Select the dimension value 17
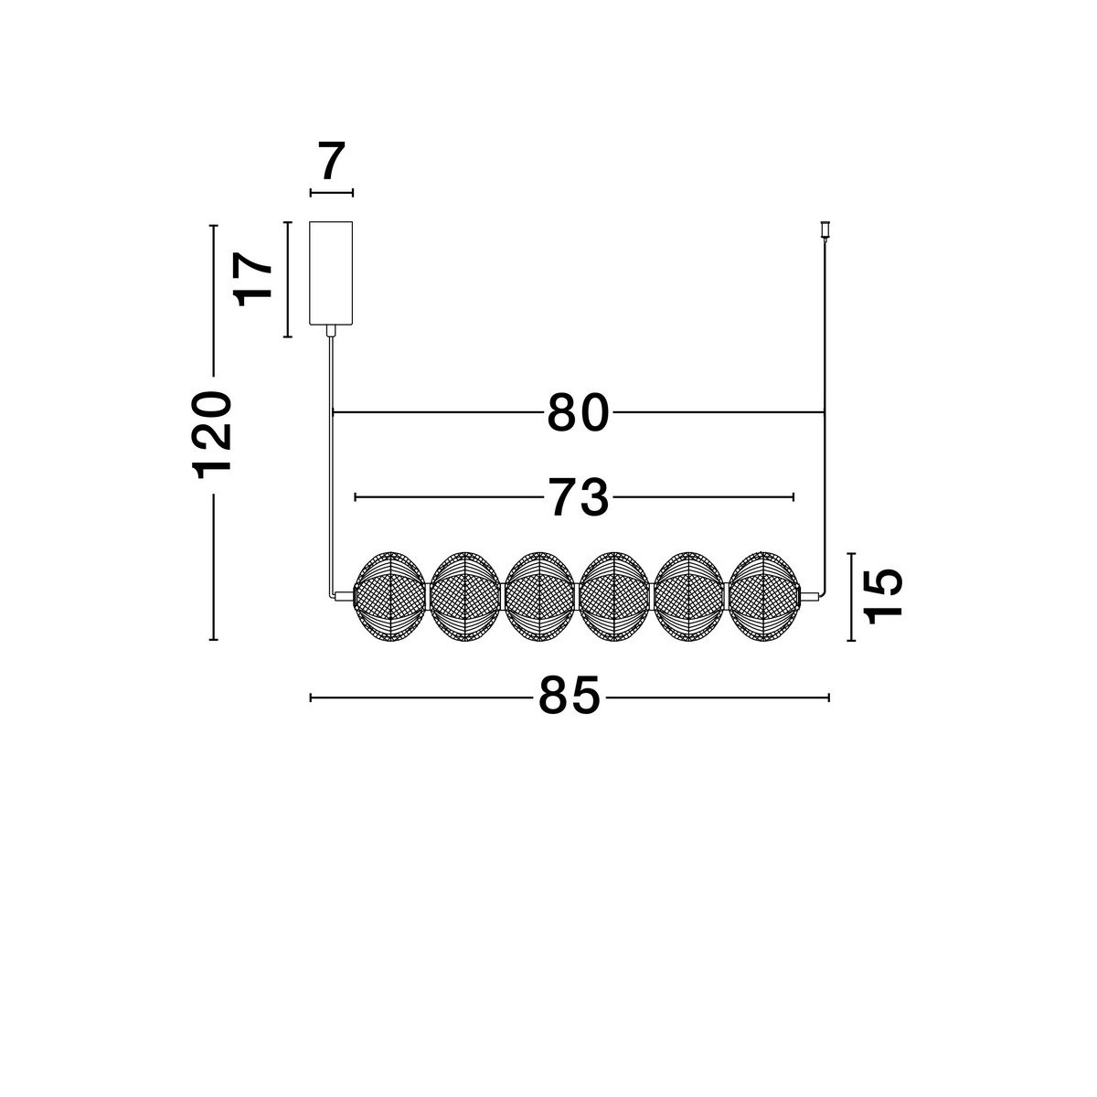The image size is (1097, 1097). click(252, 279)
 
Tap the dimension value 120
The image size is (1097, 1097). click(212, 435)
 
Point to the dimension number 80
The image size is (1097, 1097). click(578, 412)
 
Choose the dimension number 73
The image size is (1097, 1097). click(578, 498)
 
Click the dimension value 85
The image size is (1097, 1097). click(570, 695)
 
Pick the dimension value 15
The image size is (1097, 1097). click(882, 596)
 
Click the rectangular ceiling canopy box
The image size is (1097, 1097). click(331, 273)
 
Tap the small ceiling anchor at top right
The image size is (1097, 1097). click(825, 230)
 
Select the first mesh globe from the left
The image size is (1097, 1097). click(390, 597)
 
